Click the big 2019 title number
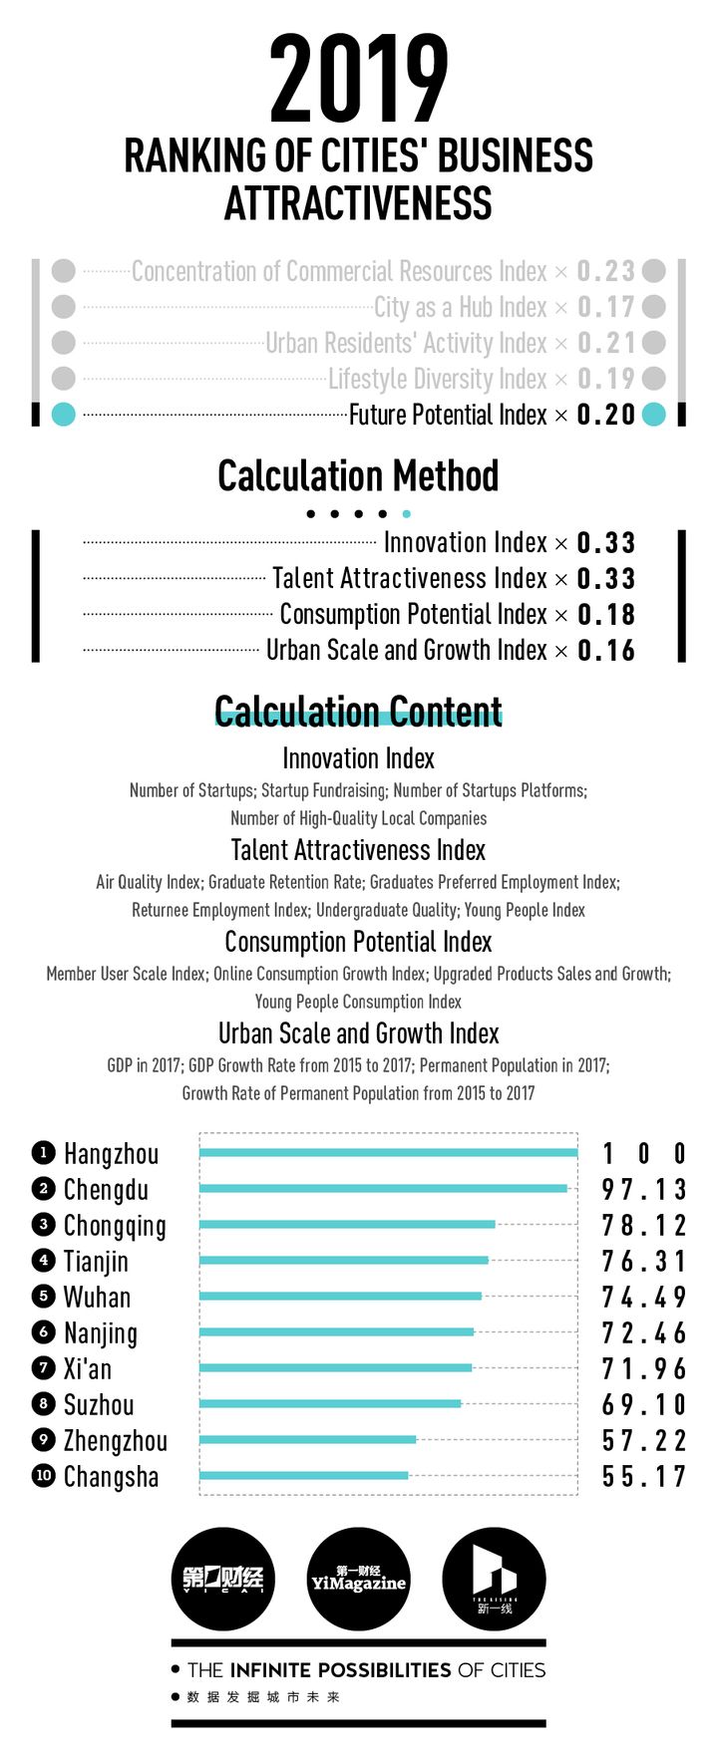click(358, 80)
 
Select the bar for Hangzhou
click(388, 1153)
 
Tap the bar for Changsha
click(303, 1475)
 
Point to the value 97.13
click(644, 1189)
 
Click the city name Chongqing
click(115, 1226)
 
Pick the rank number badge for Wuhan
click(43, 1297)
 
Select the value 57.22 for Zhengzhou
click(644, 1440)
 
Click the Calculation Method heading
click(358, 475)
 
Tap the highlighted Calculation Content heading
click(358, 712)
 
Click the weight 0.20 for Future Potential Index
click(606, 415)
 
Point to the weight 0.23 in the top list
click(606, 271)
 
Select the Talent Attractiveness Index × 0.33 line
click(454, 578)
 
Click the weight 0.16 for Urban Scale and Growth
click(606, 650)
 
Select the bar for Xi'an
click(335, 1368)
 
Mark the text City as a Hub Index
click(461, 307)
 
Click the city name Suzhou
click(99, 1404)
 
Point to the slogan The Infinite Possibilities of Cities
click(366, 1669)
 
